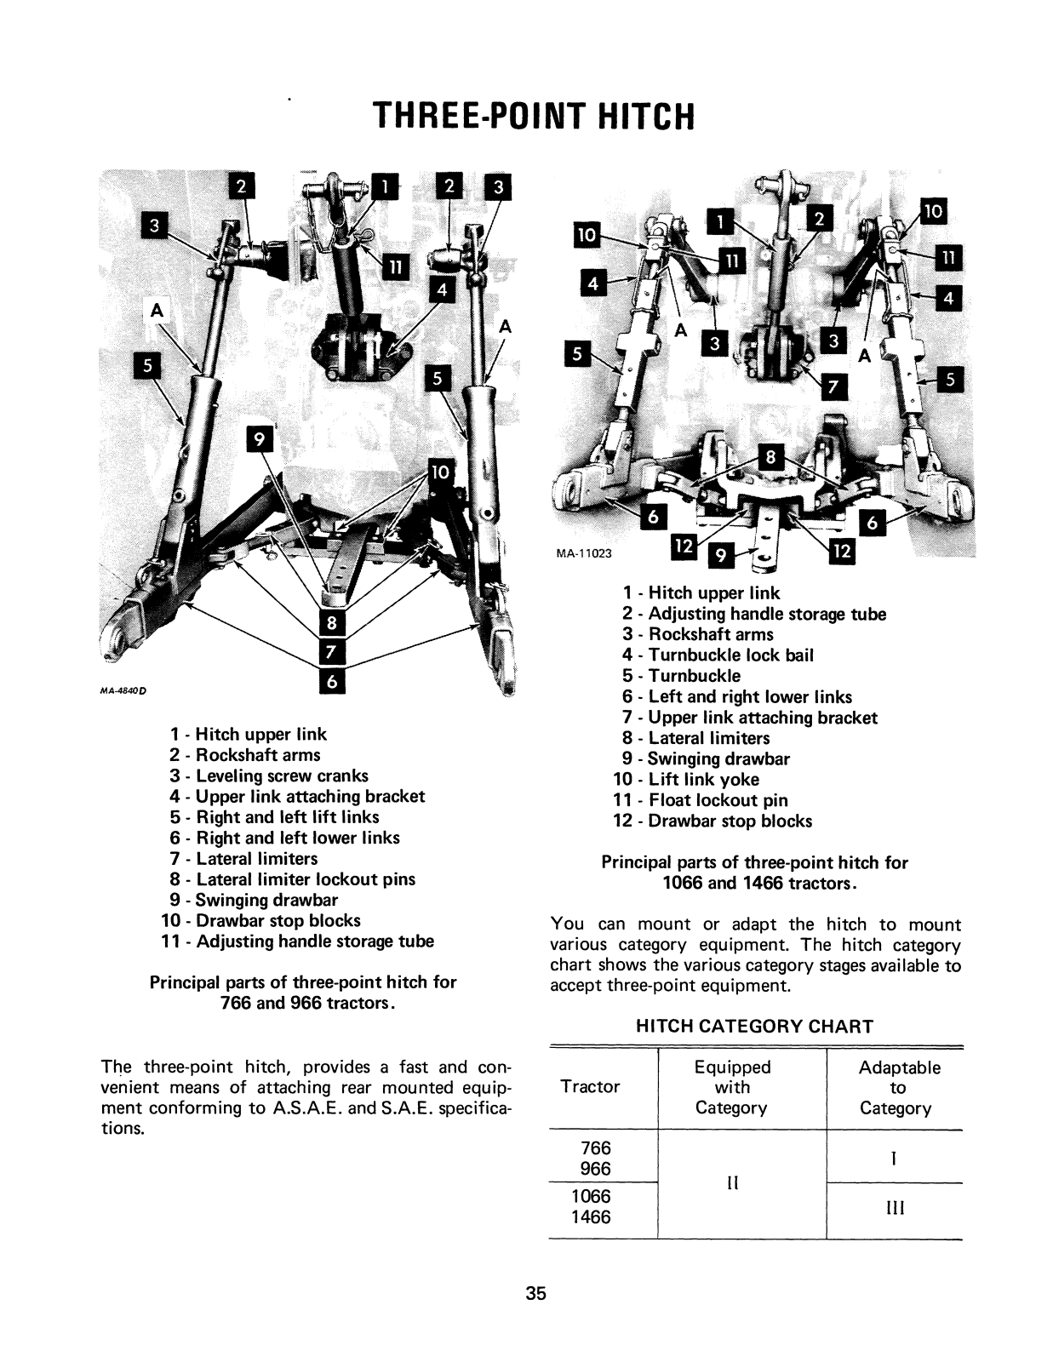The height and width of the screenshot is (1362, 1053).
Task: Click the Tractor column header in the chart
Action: click(x=590, y=1087)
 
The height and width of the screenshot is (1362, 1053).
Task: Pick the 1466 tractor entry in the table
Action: click(x=591, y=1217)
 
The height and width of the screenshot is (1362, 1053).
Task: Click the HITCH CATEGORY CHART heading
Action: click(x=755, y=1027)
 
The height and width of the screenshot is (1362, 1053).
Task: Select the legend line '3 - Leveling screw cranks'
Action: click(x=269, y=776)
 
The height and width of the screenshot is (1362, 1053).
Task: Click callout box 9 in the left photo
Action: click(x=258, y=439)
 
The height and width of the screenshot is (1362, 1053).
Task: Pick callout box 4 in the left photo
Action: click(x=441, y=290)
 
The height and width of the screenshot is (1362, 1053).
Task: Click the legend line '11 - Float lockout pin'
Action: click(x=701, y=800)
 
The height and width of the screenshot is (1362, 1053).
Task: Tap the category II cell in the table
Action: click(x=733, y=1183)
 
